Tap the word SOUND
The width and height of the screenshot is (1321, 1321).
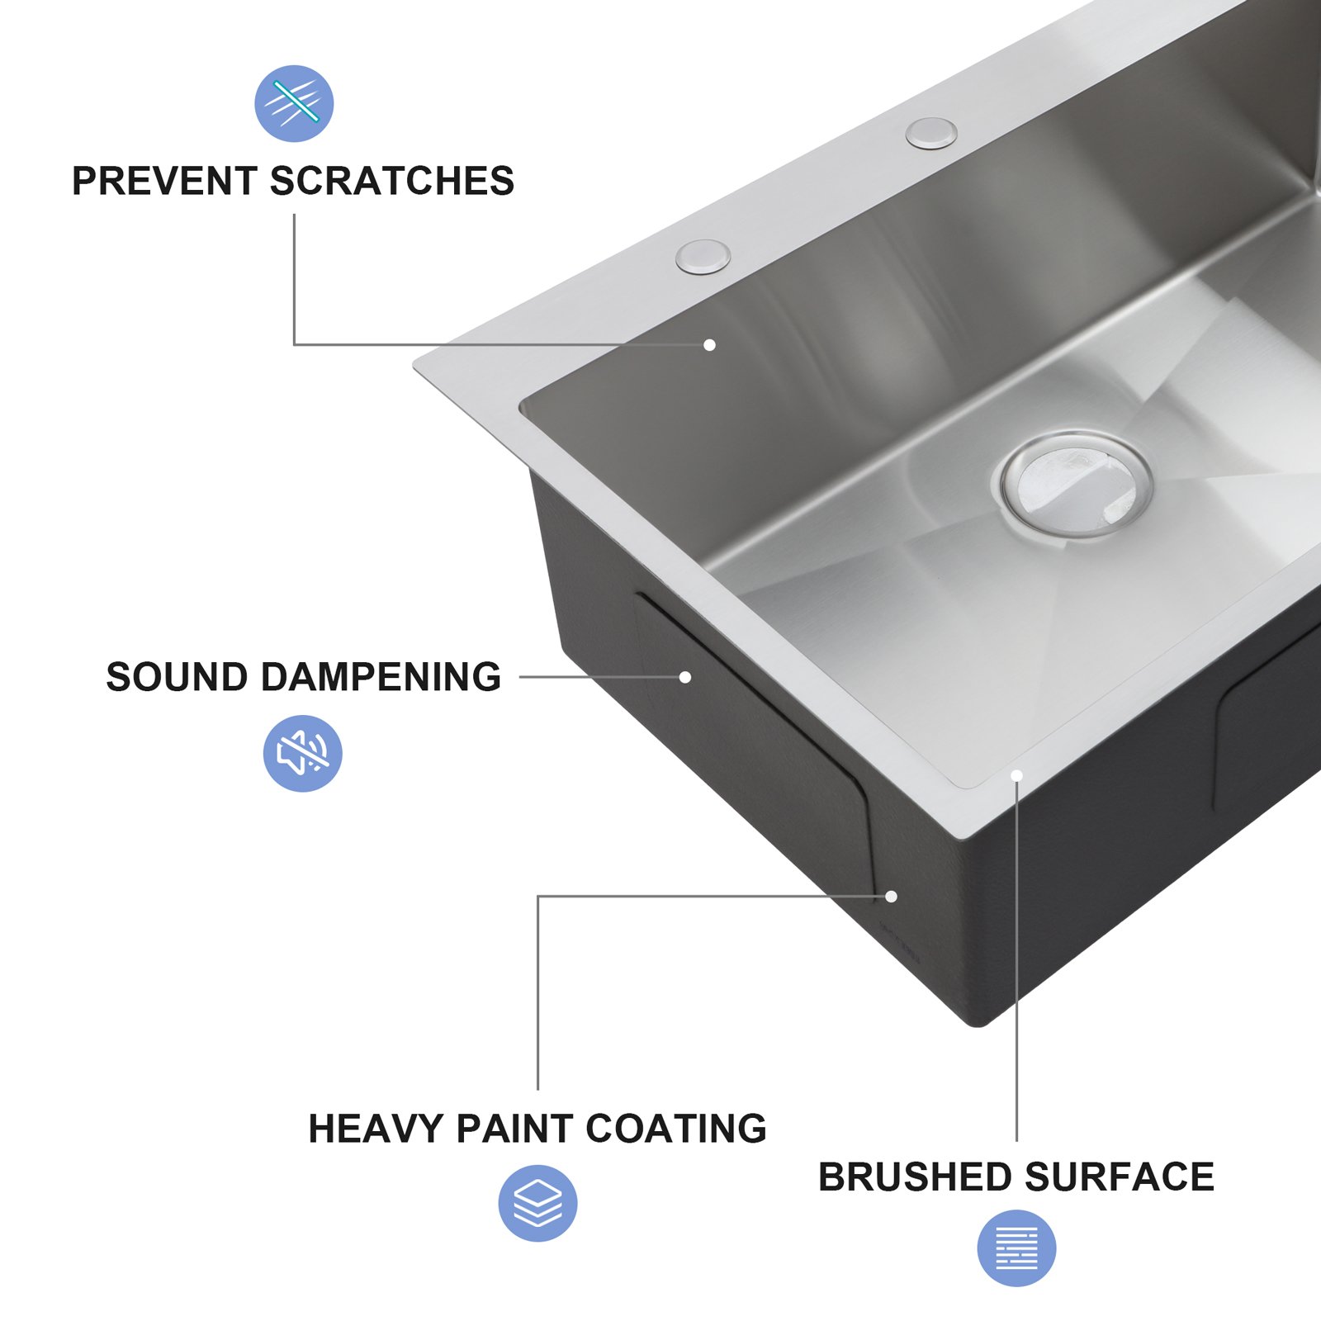(177, 677)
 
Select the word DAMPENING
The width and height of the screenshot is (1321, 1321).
(381, 677)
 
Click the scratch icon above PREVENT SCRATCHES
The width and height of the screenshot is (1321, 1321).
(294, 103)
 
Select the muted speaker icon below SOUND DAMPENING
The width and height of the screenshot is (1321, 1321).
(302, 753)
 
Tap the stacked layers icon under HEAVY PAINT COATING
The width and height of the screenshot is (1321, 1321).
(537, 1203)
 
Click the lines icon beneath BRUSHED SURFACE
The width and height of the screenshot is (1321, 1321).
(1016, 1248)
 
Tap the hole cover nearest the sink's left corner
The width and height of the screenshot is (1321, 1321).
(703, 256)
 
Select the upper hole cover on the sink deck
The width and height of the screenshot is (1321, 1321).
(931, 133)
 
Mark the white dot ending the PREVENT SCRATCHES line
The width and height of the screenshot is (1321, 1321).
(709, 345)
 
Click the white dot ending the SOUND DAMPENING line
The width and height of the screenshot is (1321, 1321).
(684, 677)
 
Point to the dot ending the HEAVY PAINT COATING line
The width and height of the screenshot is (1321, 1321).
(891, 897)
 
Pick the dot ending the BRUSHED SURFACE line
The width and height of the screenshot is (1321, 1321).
(1016, 775)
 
